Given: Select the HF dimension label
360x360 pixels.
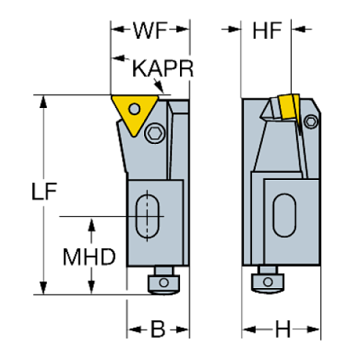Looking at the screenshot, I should click(268, 31).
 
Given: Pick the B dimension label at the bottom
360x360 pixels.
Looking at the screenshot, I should click(158, 330).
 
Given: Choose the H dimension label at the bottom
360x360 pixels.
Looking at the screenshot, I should click(281, 330).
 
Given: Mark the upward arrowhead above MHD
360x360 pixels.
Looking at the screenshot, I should click(91, 224).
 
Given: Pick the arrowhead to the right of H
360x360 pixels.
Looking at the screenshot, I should click(316, 330).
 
